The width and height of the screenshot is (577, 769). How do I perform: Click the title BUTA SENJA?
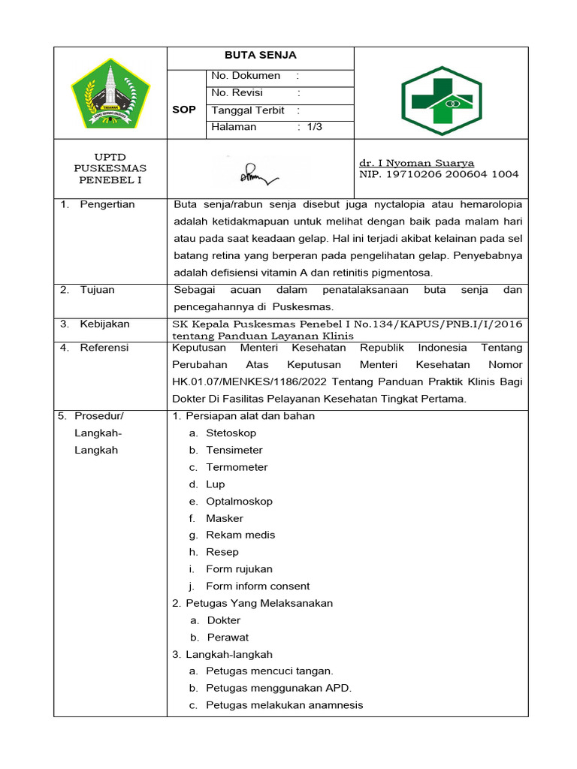(261, 56)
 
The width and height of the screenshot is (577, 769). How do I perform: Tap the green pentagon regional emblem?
(110, 93)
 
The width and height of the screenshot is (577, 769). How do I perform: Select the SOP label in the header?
(184, 110)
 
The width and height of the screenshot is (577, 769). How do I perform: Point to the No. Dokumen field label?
(246, 76)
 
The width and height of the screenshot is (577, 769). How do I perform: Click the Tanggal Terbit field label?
(248, 110)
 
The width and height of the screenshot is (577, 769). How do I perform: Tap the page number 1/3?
(314, 127)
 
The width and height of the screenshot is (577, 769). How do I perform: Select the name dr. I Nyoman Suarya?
(417, 163)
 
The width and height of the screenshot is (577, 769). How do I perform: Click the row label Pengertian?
(107, 204)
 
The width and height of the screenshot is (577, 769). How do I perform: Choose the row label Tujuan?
(98, 290)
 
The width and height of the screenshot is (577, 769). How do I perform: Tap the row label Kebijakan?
(104, 324)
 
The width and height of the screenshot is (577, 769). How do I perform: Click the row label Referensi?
(104, 348)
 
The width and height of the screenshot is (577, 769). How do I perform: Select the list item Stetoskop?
(231, 433)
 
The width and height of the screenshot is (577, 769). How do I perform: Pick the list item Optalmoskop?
(239, 502)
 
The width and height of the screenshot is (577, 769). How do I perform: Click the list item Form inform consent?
(258, 587)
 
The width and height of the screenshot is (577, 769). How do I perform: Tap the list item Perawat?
(228, 638)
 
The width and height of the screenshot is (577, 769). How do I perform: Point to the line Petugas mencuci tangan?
(270, 671)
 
